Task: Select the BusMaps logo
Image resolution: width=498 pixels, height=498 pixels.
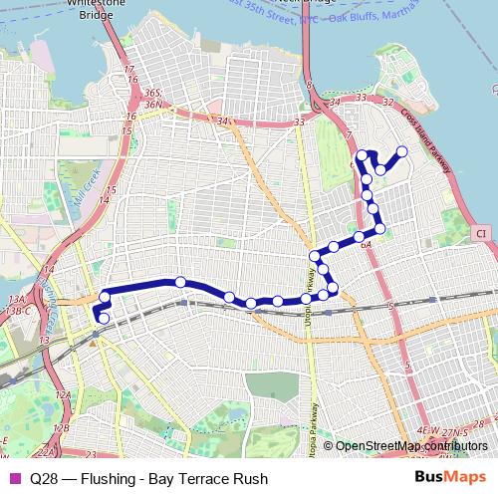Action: tap(451, 478)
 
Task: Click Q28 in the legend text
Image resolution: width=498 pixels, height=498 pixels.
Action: tap(43, 479)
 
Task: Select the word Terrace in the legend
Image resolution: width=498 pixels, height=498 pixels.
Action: tap(210, 479)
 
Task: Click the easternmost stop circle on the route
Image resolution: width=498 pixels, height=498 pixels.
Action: tap(402, 151)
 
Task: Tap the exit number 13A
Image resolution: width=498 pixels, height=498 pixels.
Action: tap(15, 299)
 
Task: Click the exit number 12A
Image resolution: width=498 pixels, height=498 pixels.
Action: tap(64, 396)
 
